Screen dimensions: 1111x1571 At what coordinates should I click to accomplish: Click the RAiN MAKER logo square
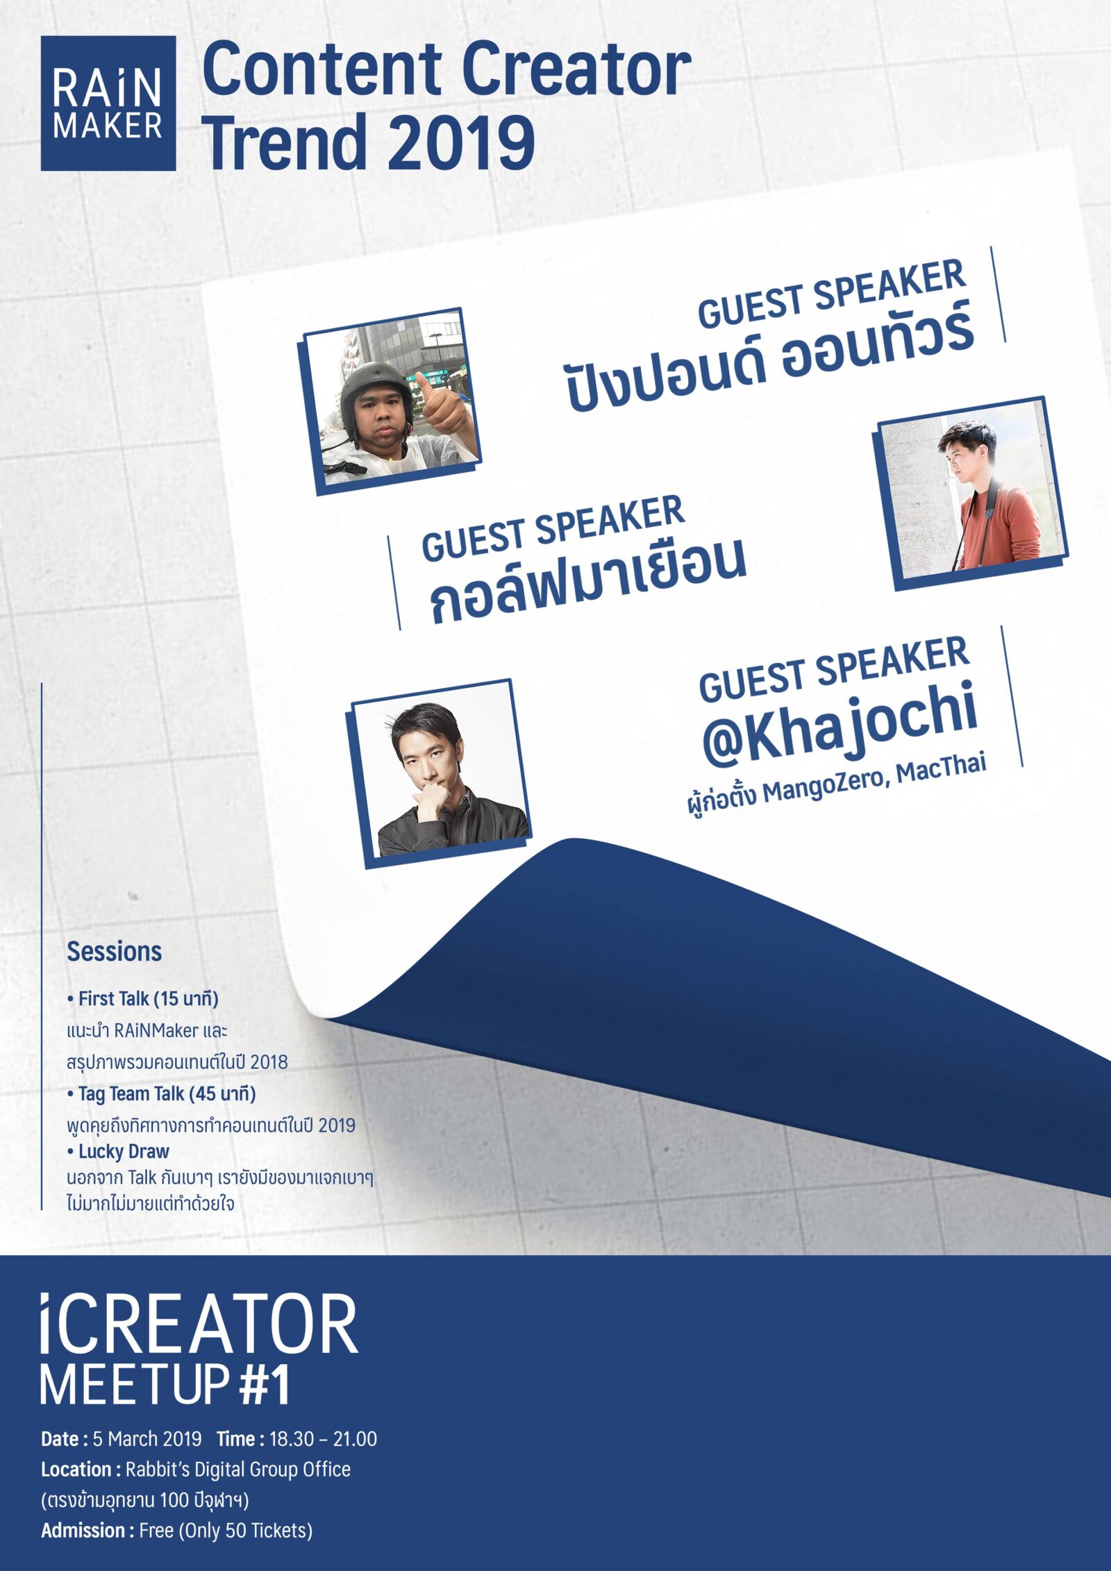(x=108, y=103)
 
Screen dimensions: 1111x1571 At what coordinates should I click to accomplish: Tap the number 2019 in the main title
(x=461, y=142)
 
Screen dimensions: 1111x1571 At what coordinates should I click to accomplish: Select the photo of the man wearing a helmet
(x=390, y=401)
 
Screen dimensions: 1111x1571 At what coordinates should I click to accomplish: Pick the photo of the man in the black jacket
(x=441, y=773)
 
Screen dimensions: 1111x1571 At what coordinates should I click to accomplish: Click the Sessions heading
(x=114, y=951)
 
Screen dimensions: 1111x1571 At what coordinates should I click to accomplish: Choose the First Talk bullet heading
(x=143, y=999)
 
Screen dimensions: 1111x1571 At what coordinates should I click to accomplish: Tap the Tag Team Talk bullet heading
(x=162, y=1094)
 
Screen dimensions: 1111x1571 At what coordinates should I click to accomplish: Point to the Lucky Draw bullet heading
(x=119, y=1152)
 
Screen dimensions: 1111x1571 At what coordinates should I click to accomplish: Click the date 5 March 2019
(x=147, y=1438)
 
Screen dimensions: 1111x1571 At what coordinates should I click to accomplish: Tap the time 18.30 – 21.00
(x=323, y=1438)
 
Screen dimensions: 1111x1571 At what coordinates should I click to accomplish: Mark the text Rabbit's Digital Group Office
(x=238, y=1470)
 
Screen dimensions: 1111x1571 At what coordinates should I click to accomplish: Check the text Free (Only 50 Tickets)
(x=226, y=1530)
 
